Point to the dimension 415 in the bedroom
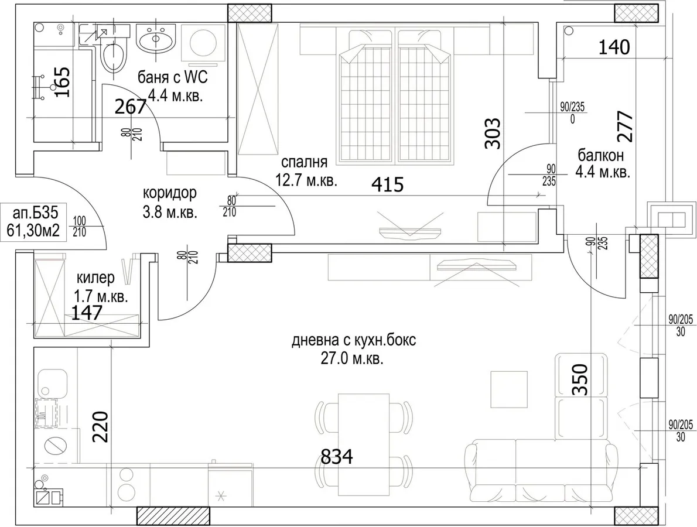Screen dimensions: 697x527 pos(387,184)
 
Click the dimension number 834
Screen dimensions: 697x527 pos(337,456)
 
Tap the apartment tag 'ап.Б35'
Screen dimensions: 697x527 pos(36,213)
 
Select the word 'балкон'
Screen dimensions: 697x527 pos(600,155)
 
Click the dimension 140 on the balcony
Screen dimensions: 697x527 pos(614,47)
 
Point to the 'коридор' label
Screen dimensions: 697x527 pos(169,193)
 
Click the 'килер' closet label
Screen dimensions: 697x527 pos(95,279)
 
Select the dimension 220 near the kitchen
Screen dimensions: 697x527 pos(101,426)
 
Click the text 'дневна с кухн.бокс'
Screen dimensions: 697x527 pos(354,341)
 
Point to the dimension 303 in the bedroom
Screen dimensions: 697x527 pos(493,134)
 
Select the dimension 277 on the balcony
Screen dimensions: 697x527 pos(625,126)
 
